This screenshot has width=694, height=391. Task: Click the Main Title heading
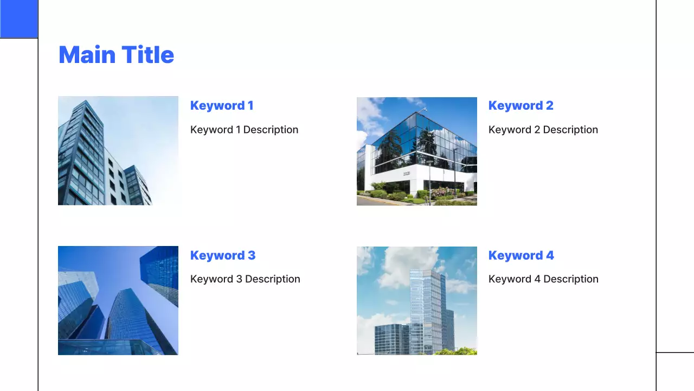pyautogui.click(x=116, y=55)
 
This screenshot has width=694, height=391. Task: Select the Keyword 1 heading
pyautogui.click(x=222, y=105)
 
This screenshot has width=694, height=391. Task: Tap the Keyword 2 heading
pyautogui.click(x=520, y=105)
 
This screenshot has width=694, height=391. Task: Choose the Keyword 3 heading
pyautogui.click(x=222, y=255)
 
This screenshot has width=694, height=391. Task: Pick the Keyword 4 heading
pyautogui.click(x=521, y=255)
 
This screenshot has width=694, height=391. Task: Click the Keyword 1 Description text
pyautogui.click(x=244, y=130)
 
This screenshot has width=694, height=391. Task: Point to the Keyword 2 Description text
pyautogui.click(x=543, y=130)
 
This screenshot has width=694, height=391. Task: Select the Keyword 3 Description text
pyautogui.click(x=245, y=279)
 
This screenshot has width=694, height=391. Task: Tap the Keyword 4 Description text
pyautogui.click(x=543, y=279)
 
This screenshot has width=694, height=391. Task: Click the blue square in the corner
pyautogui.click(x=19, y=19)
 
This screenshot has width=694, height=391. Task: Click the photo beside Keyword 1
pyautogui.click(x=118, y=151)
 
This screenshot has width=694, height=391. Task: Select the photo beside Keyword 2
pyautogui.click(x=416, y=151)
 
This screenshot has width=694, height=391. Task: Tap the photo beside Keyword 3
pyautogui.click(x=118, y=300)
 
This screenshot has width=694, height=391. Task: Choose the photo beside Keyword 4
pyautogui.click(x=416, y=300)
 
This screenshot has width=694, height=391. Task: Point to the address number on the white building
pyautogui.click(x=406, y=173)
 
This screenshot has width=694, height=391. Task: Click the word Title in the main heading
pyautogui.click(x=147, y=55)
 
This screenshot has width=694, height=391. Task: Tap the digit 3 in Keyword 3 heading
pyautogui.click(x=252, y=255)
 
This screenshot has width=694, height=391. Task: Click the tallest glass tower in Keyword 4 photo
pyautogui.click(x=428, y=310)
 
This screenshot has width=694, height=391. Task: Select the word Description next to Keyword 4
pyautogui.click(x=571, y=279)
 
